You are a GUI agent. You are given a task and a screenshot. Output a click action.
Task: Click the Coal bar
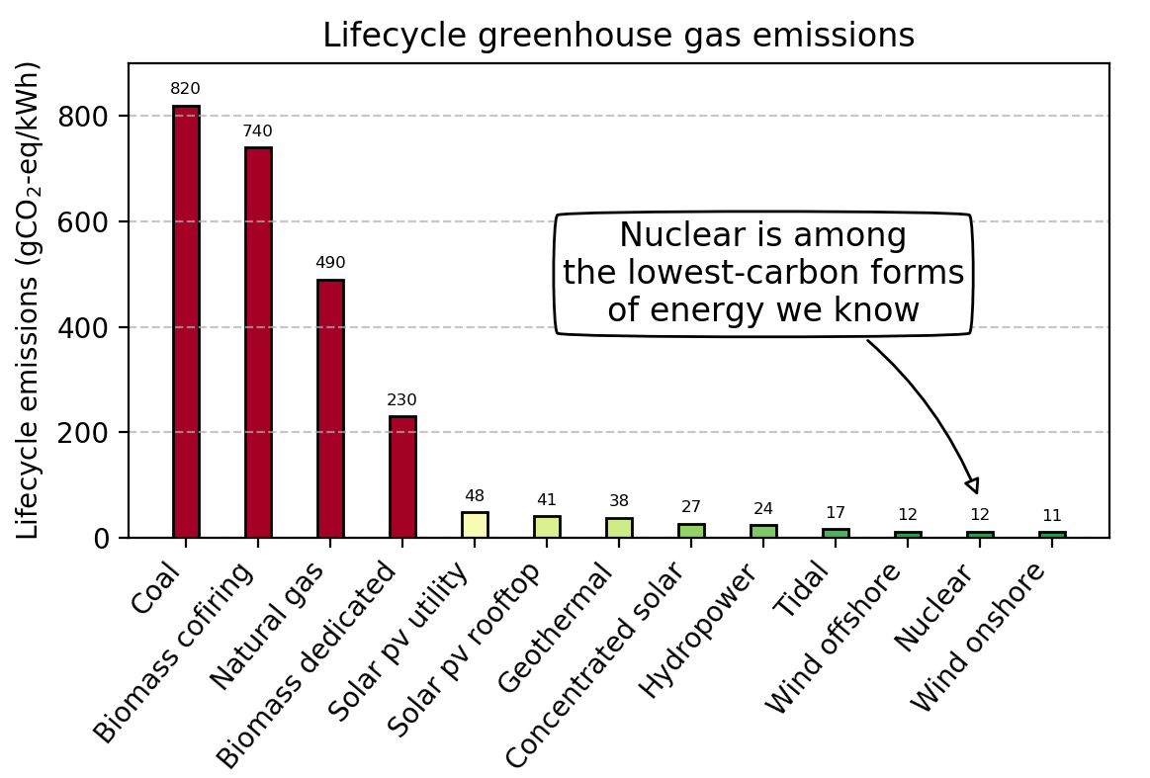(186, 321)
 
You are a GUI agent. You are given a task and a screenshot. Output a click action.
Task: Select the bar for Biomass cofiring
(258, 342)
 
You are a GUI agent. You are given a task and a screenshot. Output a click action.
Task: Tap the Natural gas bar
(330, 408)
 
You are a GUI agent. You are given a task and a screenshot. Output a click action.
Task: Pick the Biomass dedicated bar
(402, 476)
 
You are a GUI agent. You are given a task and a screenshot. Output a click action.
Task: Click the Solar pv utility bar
(475, 525)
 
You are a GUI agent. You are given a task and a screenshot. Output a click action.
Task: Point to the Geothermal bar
(619, 528)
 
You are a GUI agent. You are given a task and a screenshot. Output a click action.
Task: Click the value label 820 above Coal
(186, 89)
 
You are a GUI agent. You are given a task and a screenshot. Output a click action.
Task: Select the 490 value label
(330, 263)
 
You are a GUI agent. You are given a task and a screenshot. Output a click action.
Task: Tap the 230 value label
(402, 400)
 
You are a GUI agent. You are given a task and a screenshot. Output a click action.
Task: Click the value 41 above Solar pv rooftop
(547, 500)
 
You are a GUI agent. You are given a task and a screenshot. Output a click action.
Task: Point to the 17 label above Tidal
(836, 513)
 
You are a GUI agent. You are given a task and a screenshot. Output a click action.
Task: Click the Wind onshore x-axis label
(978, 638)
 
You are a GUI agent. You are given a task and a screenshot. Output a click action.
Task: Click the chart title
(618, 36)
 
